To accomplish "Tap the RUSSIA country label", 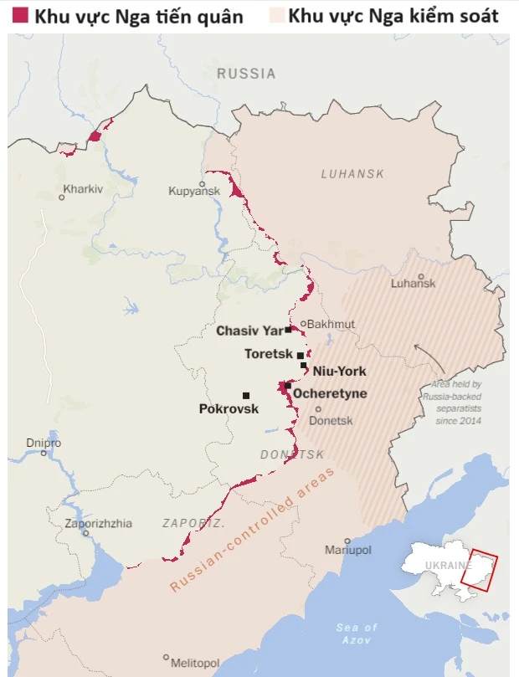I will point(246,74).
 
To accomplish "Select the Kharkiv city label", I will point(83,189).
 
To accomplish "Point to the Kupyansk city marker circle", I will point(202,184).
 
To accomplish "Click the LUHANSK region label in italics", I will point(352,173).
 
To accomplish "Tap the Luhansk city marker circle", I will point(420,276).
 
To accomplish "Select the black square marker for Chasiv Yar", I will point(288,330).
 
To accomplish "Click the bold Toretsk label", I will point(269,354).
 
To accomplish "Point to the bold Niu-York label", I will point(339,371).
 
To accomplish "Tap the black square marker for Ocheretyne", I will point(288,386).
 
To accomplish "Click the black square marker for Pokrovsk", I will point(245,395).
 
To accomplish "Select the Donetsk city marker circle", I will point(318,409).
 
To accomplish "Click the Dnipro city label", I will point(44,443).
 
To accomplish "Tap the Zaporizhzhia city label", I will point(99,524).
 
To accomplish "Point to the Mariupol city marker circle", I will point(347,541).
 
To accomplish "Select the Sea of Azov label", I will point(357,633).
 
